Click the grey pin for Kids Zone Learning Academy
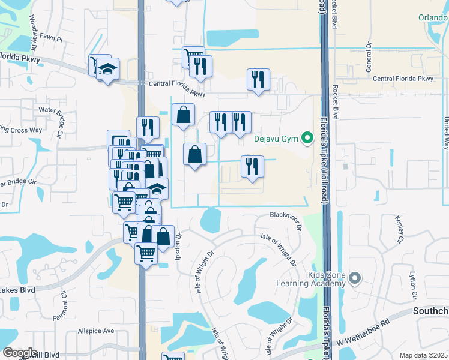point(355,278)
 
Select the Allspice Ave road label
point(96,331)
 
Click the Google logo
point(20,353)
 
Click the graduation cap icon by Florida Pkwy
point(108,70)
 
